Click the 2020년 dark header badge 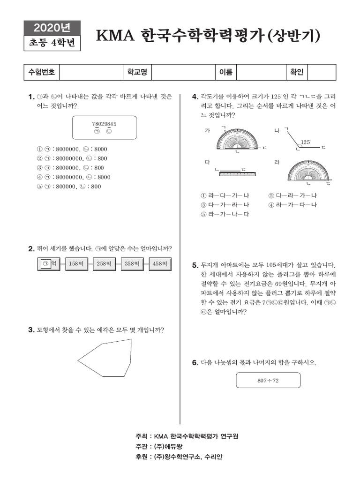point(52,27)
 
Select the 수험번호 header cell point(42,72)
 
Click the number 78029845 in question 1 point(104,124)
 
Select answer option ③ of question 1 point(70,168)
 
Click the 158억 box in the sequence point(76,264)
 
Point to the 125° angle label point(306,141)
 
